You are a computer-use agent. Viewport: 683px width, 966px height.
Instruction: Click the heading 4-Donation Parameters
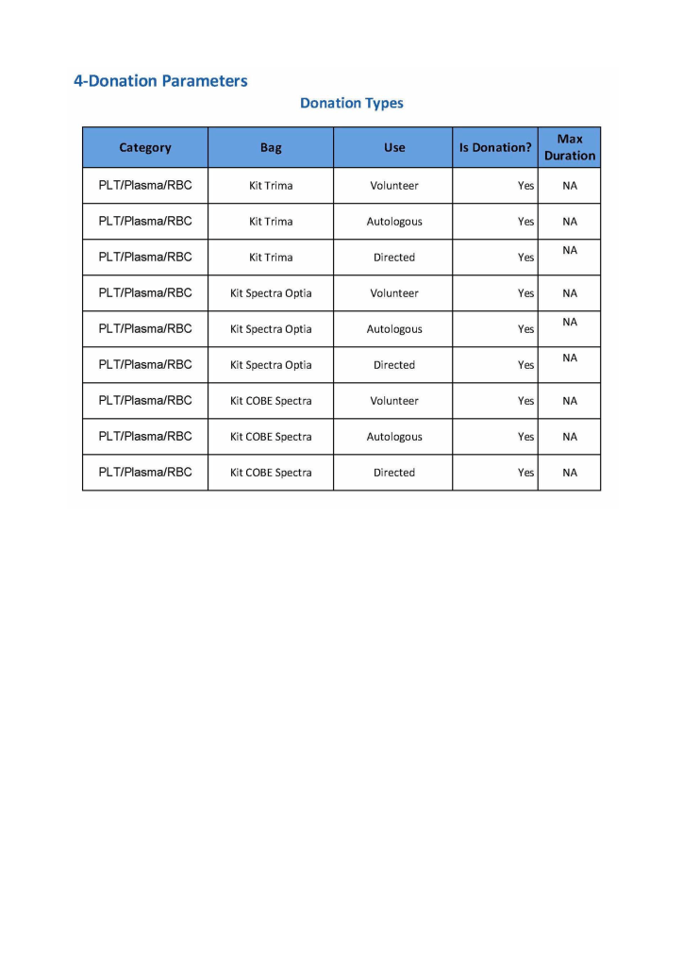click(160, 81)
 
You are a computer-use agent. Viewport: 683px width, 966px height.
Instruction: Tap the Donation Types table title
click(351, 103)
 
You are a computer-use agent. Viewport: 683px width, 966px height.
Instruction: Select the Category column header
click(145, 147)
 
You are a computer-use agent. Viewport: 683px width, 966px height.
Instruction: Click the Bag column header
click(271, 147)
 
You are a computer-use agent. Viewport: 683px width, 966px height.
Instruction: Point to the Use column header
click(394, 147)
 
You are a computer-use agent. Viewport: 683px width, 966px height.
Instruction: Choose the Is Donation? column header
click(495, 147)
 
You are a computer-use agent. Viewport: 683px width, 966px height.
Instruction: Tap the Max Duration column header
click(570, 147)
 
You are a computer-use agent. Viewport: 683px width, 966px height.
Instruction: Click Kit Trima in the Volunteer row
click(271, 186)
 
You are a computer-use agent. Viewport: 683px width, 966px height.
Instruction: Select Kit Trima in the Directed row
click(271, 258)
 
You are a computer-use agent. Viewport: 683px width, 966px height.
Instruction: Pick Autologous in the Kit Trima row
click(394, 222)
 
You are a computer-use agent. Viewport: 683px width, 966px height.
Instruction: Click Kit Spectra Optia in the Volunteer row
click(271, 293)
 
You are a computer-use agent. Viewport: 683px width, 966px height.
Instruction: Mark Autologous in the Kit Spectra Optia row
click(394, 329)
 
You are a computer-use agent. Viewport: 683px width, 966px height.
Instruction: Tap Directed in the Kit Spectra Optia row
click(394, 365)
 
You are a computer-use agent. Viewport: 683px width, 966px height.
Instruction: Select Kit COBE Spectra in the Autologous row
click(271, 437)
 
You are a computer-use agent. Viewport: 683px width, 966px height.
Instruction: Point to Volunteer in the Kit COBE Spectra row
click(394, 401)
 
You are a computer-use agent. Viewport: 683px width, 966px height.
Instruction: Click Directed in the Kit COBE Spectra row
click(394, 473)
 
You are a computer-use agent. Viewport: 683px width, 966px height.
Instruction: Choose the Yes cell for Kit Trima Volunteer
click(525, 186)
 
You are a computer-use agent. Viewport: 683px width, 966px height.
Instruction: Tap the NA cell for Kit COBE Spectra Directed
click(570, 473)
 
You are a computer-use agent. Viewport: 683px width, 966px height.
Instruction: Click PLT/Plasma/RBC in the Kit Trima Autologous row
click(145, 221)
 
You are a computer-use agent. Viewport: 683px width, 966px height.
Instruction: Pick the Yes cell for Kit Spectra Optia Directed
click(525, 365)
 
